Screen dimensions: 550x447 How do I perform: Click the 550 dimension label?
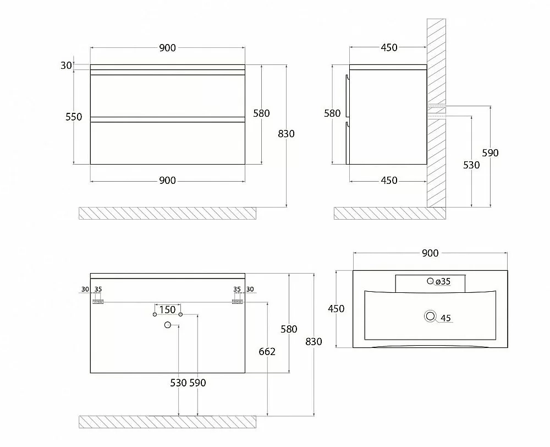(74, 117)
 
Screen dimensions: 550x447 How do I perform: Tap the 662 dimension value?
(267, 352)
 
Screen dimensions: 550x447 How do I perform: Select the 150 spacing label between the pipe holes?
(167, 310)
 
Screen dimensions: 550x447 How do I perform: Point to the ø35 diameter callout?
(443, 281)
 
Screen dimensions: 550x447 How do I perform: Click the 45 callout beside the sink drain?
(446, 318)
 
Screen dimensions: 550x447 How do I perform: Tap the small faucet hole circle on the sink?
(430, 281)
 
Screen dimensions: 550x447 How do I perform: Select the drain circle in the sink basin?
(430, 316)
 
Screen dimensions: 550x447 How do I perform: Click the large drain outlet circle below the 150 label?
(168, 325)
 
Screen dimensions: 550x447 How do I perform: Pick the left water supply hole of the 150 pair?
(155, 314)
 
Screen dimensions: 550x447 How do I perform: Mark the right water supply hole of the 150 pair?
(180, 314)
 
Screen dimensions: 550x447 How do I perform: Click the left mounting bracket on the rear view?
(98, 302)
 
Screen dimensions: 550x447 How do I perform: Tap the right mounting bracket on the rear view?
(238, 302)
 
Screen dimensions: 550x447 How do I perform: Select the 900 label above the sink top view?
(430, 253)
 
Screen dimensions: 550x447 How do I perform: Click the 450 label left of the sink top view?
(336, 309)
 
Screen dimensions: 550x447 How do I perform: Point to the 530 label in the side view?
(471, 165)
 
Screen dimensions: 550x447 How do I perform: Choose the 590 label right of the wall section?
(490, 153)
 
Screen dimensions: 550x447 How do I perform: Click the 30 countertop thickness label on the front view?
(66, 66)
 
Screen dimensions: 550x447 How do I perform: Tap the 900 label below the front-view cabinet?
(167, 181)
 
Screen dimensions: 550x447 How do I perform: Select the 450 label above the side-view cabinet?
(389, 47)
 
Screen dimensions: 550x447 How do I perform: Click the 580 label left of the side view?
(332, 113)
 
